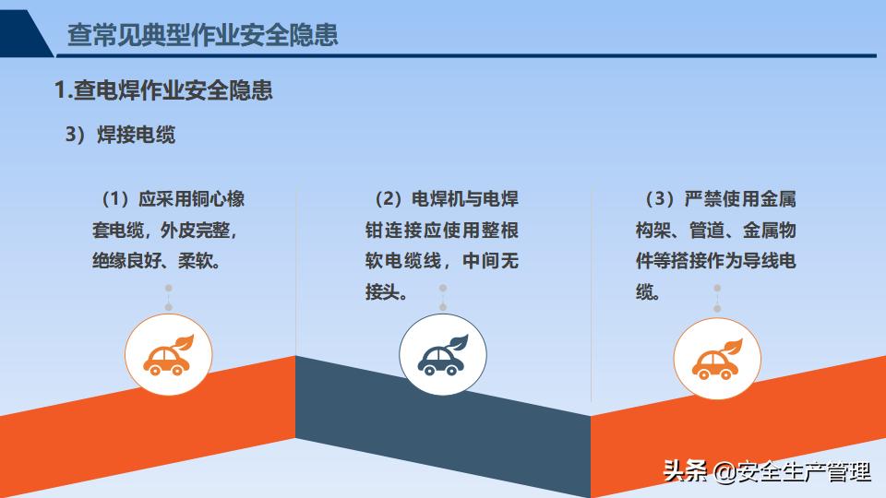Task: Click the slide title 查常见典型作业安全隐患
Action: pos(202,34)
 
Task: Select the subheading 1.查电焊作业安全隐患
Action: pos(163,90)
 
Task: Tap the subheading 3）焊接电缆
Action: pos(120,135)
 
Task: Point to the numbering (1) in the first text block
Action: pos(116,199)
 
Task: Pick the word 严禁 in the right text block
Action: pos(702,199)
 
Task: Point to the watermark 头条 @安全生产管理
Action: pos(767,471)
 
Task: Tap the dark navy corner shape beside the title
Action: pos(24,34)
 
